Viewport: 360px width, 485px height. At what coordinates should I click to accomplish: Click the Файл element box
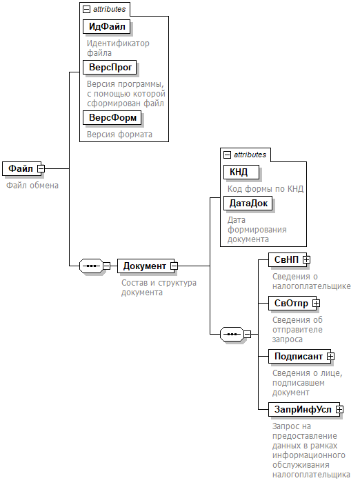[21, 168]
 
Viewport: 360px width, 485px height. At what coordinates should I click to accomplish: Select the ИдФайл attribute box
[106, 27]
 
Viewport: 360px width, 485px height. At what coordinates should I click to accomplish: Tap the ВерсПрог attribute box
[110, 67]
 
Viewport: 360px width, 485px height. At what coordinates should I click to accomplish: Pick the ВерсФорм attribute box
[112, 117]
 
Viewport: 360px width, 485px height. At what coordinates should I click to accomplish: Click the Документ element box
[146, 266]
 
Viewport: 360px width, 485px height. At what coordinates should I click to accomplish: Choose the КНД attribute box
[241, 172]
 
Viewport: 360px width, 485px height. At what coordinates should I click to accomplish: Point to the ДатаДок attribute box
[248, 204]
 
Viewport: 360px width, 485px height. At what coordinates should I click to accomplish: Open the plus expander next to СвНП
[306, 260]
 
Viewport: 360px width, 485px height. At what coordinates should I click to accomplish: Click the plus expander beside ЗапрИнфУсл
[339, 410]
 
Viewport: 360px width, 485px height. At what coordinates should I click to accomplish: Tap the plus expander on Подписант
[330, 356]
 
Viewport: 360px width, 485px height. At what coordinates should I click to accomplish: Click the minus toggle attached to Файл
[41, 168]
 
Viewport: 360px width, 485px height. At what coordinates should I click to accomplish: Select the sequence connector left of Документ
[91, 266]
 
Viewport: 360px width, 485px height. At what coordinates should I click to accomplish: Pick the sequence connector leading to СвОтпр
[232, 334]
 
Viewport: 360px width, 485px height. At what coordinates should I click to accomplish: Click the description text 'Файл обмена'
[32, 186]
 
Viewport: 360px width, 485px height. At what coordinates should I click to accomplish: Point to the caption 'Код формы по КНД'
[266, 188]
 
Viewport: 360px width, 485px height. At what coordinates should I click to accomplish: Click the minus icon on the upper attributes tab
[87, 10]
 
